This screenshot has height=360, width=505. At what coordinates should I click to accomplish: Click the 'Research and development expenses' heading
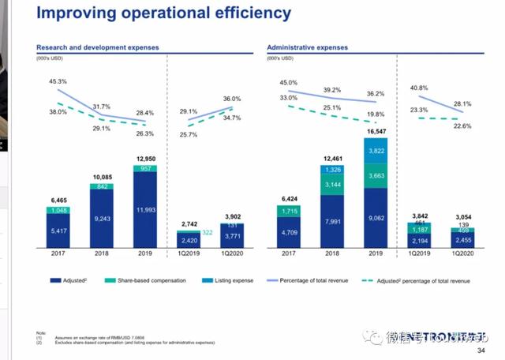(x=98, y=47)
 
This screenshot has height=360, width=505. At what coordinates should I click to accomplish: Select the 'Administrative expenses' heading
(x=308, y=47)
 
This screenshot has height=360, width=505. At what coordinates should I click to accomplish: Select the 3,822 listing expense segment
(x=378, y=150)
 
